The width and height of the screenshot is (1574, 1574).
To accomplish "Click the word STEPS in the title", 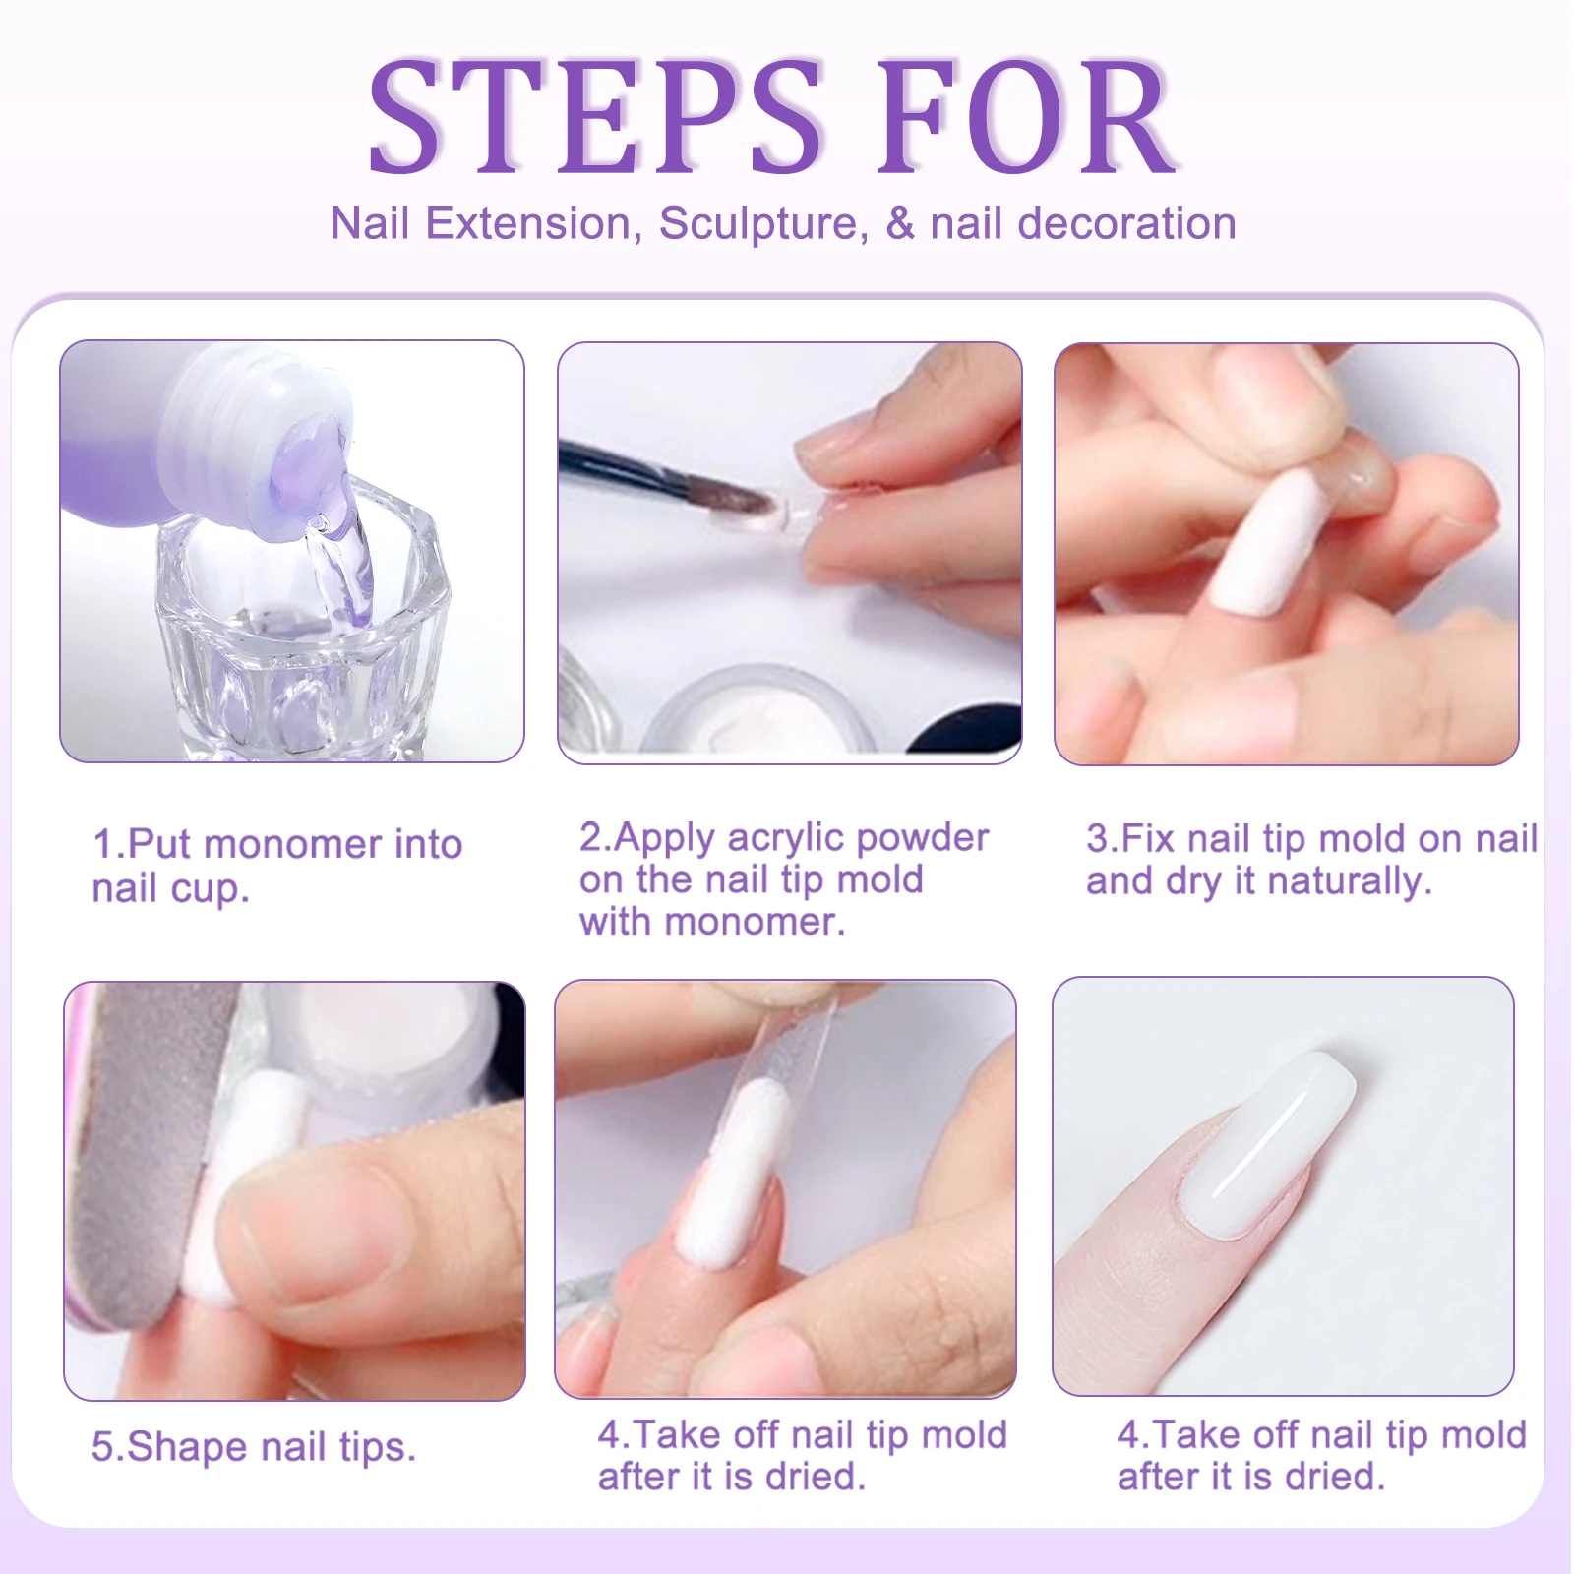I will click(x=595, y=118).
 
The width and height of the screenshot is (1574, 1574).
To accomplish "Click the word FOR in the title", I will click(x=1028, y=118).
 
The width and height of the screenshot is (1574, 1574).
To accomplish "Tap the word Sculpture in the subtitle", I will click(x=763, y=224).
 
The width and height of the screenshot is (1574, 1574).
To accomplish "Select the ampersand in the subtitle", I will click(x=900, y=224).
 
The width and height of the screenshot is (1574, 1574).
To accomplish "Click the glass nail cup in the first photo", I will click(x=295, y=639).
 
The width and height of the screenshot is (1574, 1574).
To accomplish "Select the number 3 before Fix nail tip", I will click(x=1096, y=839).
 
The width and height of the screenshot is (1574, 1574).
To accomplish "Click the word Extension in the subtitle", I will click(x=527, y=224).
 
